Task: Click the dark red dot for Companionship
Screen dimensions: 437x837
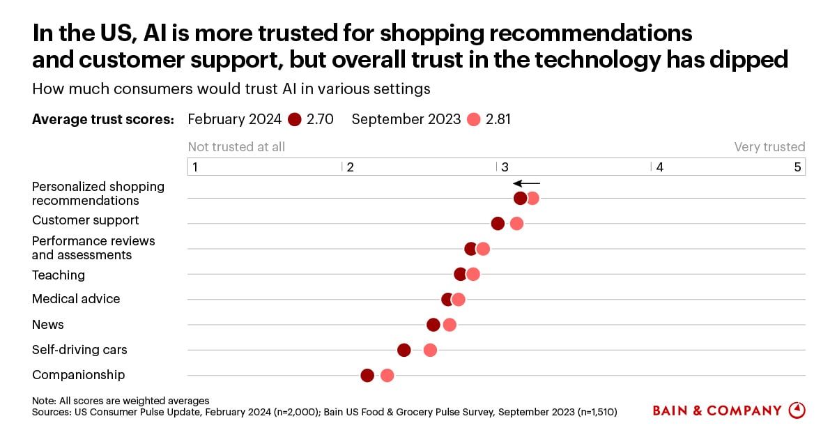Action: pyautogui.click(x=367, y=376)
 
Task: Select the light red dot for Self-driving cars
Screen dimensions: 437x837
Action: pyautogui.click(x=430, y=350)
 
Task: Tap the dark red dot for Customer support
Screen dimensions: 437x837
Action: pyautogui.click(x=498, y=224)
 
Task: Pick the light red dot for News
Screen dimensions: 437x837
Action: pyautogui.click(x=450, y=325)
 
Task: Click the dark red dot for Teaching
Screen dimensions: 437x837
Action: pyautogui.click(x=460, y=274)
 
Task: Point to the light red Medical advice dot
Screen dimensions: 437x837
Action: pyautogui.click(x=458, y=300)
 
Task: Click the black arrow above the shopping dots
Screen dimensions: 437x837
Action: pyautogui.click(x=526, y=183)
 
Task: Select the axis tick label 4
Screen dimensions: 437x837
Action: pyautogui.click(x=659, y=167)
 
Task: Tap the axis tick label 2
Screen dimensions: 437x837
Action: pyautogui.click(x=350, y=167)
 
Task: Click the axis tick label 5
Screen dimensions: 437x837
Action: pyautogui.click(x=797, y=167)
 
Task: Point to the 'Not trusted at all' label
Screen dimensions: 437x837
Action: pyautogui.click(x=236, y=147)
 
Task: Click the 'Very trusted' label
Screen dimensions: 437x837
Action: pyautogui.click(x=769, y=147)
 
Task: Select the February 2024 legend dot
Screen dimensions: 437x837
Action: pyautogui.click(x=293, y=119)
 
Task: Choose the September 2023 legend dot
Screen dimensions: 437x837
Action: pyautogui.click(x=474, y=119)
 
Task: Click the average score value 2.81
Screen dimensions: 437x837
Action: pyautogui.click(x=498, y=119)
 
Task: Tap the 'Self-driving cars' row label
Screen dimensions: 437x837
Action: pyautogui.click(x=79, y=350)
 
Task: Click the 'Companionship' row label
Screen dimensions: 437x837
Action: pyautogui.click(x=78, y=375)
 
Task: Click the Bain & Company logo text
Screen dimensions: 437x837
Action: pyautogui.click(x=716, y=411)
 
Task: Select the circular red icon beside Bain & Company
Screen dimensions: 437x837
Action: pyautogui.click(x=797, y=411)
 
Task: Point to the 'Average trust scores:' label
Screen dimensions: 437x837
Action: pyautogui.click(x=103, y=119)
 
